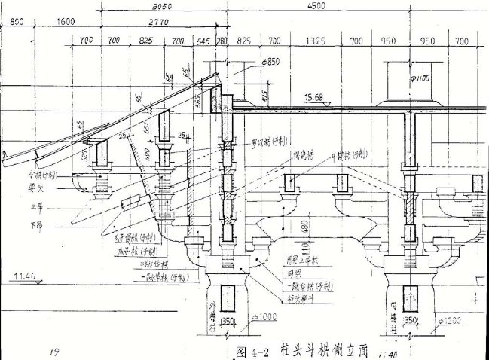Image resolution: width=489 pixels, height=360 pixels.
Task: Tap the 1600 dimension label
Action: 65,21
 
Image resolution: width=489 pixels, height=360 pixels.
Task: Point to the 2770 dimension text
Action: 160,23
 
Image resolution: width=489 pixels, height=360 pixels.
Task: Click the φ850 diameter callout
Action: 269,61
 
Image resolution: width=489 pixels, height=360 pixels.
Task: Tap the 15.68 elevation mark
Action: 314,96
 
